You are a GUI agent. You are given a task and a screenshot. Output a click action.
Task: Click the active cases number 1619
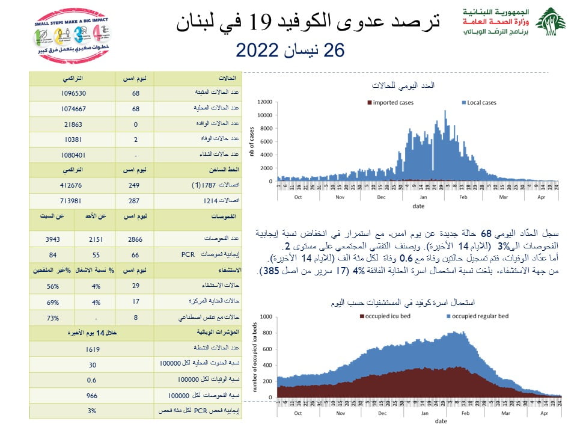pos(92,349)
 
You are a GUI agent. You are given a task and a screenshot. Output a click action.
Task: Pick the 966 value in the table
pos(92,395)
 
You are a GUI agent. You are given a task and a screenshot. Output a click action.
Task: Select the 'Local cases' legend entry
pos(481,103)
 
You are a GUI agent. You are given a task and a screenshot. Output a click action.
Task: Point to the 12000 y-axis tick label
pos(265,102)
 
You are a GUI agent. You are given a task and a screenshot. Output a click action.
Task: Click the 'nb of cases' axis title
pos(252,141)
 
